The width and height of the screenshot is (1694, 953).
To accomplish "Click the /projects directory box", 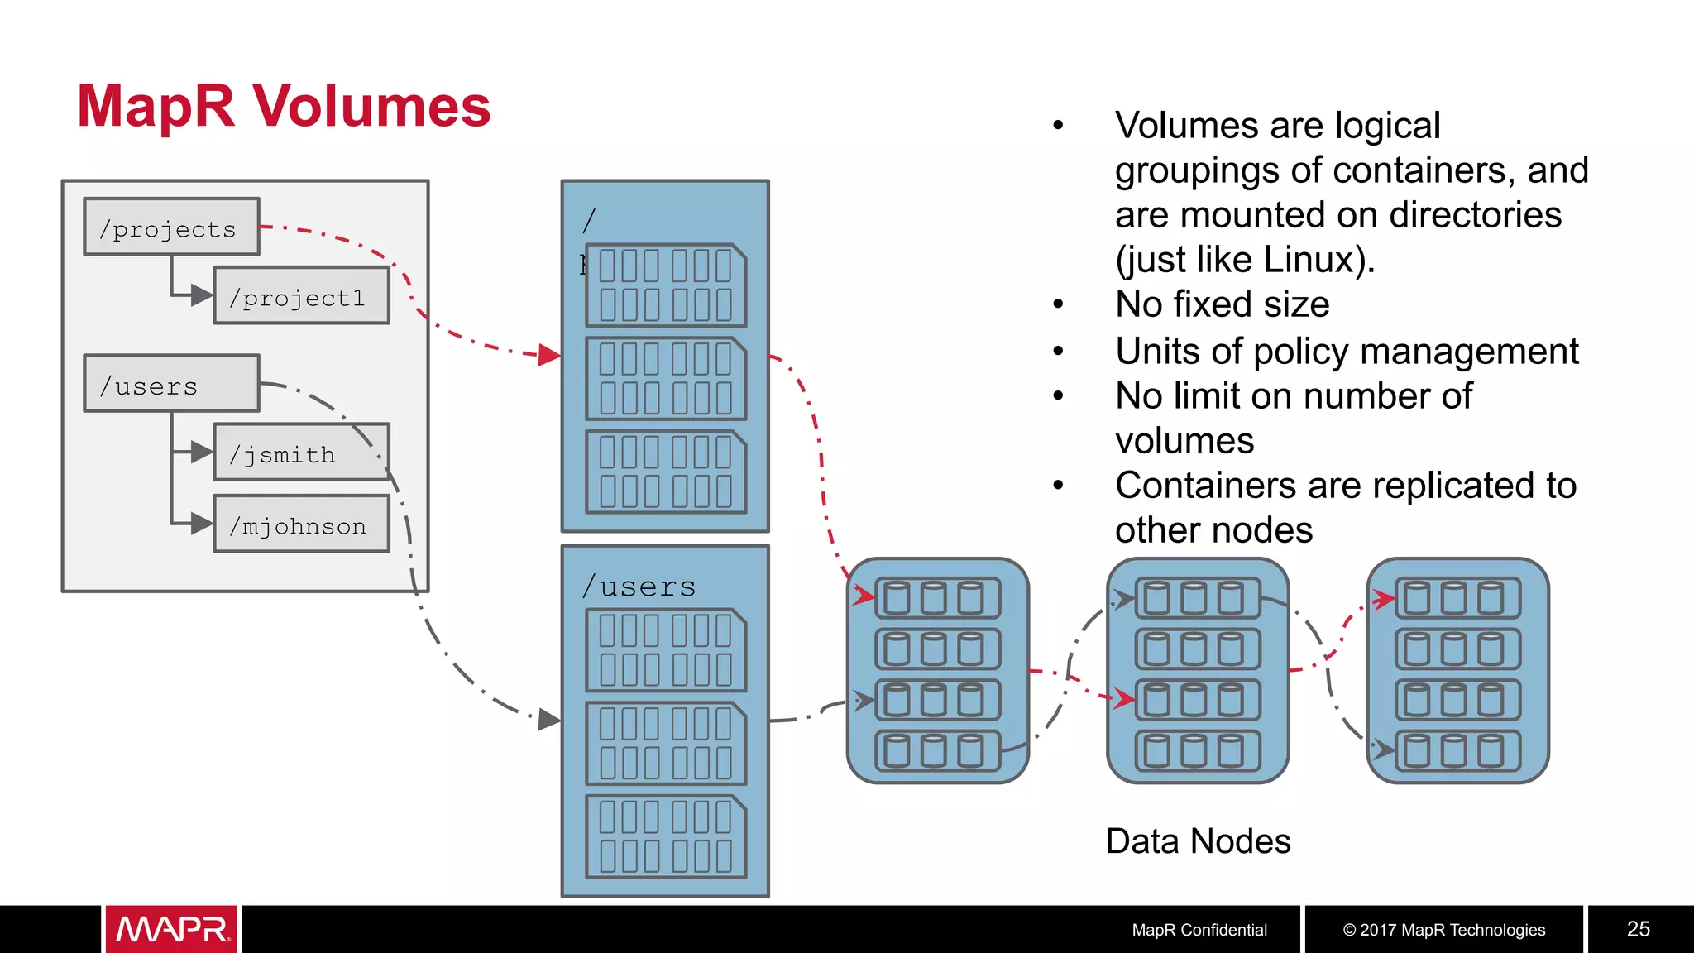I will [x=171, y=227].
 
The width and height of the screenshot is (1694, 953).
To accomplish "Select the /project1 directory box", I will [x=301, y=296].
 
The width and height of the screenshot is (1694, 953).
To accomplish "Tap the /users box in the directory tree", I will [x=171, y=384].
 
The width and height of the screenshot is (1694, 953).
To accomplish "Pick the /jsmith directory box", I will [x=301, y=453].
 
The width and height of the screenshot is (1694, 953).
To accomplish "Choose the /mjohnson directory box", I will [x=301, y=524].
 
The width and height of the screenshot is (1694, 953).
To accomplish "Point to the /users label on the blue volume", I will [x=639, y=587].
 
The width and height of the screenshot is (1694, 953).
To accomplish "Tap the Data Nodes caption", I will [x=1198, y=841].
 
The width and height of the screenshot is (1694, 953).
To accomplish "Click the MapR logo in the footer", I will [x=171, y=929].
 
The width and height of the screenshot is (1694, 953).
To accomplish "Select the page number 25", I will [x=1638, y=929].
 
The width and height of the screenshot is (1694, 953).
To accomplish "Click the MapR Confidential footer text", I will [x=1199, y=930].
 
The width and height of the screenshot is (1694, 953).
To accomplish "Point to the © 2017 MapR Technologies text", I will [x=1443, y=930].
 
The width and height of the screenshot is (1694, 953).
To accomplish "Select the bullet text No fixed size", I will [x=1222, y=304].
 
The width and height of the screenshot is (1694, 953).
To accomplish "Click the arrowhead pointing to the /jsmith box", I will [x=201, y=453].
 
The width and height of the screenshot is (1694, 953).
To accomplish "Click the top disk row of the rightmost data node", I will [x=1457, y=598].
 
